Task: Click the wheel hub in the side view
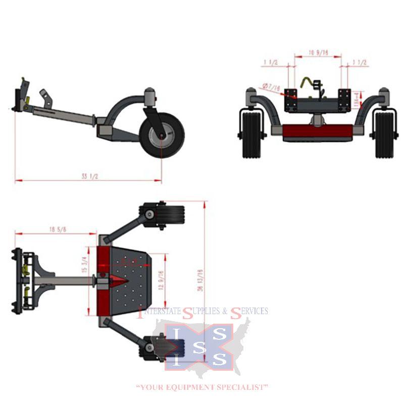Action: (x=162, y=135)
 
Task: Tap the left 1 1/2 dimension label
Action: (x=271, y=63)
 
